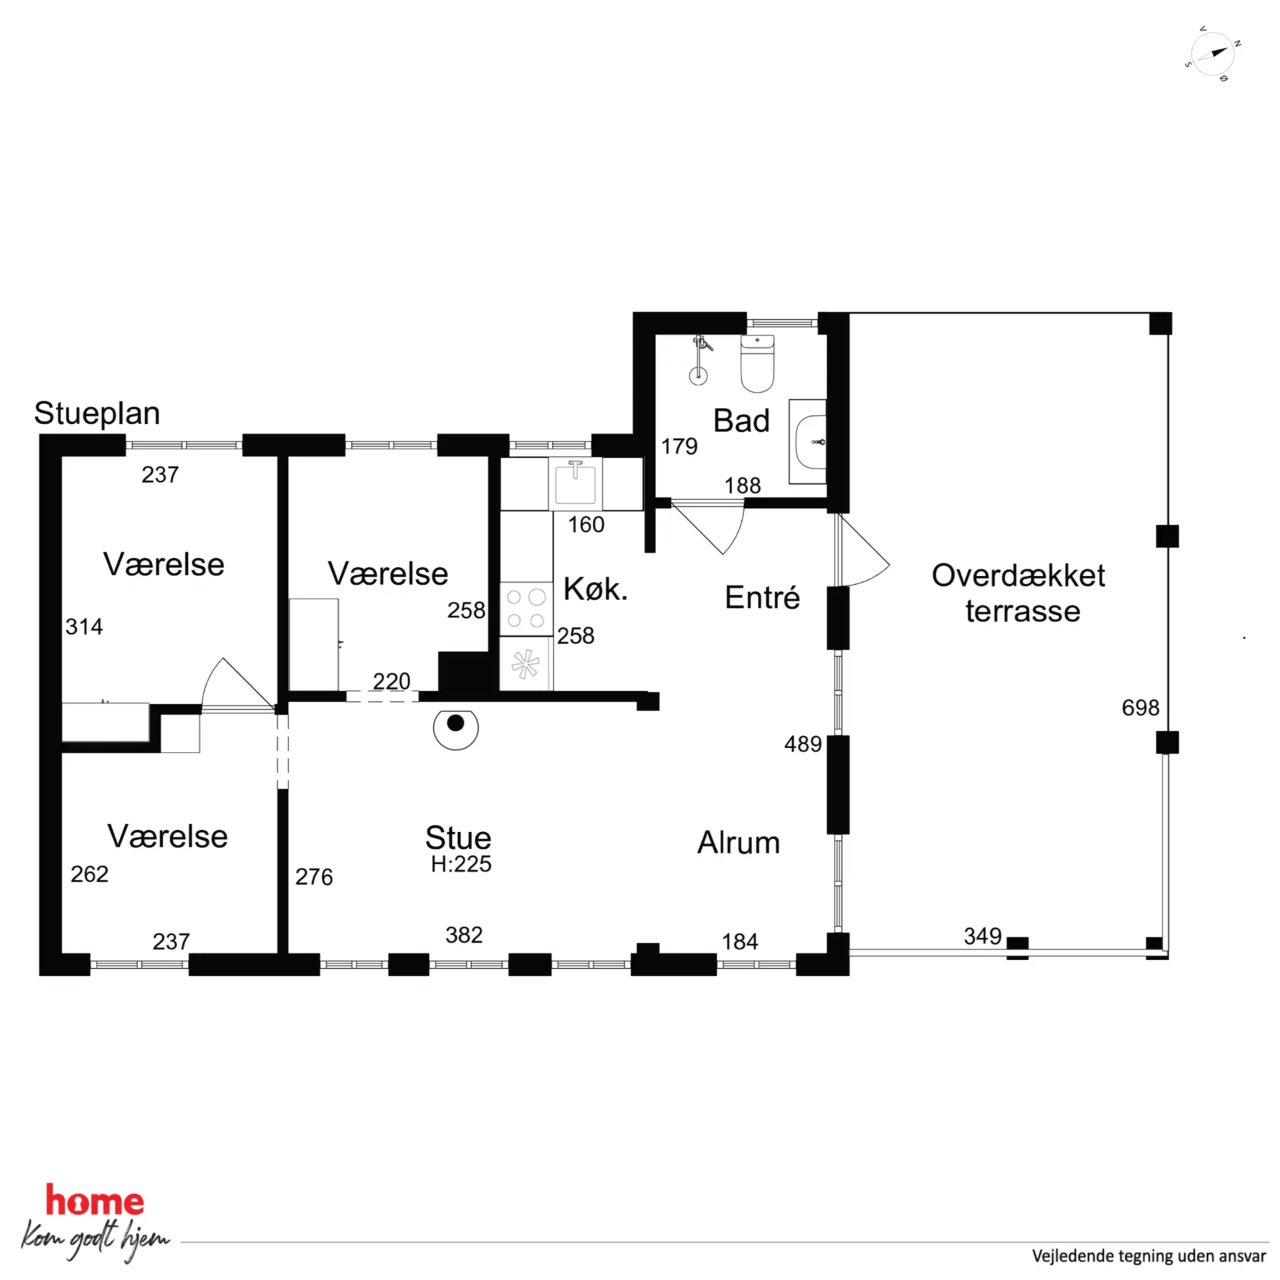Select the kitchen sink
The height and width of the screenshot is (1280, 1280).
click(x=575, y=483)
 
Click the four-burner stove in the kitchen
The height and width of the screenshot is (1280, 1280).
click(x=525, y=609)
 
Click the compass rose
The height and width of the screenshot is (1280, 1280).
click(x=1213, y=55)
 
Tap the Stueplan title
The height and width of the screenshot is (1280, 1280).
click(x=97, y=414)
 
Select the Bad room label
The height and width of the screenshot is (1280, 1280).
click(x=741, y=421)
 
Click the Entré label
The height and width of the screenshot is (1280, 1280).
click(x=762, y=597)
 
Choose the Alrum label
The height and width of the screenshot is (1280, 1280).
click(x=739, y=842)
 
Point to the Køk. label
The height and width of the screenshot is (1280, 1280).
click(x=595, y=589)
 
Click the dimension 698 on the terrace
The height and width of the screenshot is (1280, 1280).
click(x=1141, y=707)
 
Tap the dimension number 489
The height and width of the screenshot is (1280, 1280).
click(x=803, y=744)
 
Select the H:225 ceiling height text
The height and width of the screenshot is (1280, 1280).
click(x=461, y=864)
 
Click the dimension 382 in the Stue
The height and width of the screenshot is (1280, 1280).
click(x=464, y=935)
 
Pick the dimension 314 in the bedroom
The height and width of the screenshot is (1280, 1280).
click(x=84, y=627)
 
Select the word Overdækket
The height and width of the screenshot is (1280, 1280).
click(x=1018, y=575)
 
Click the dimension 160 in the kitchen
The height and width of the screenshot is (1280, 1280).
click(x=586, y=525)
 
